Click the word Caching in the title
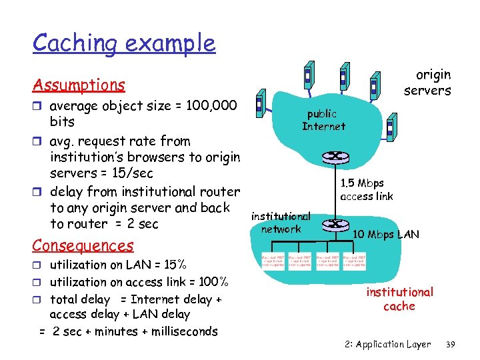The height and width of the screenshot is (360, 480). pos(75,44)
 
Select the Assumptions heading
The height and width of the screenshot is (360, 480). pos(79,85)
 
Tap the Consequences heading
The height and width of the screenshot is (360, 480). pos(83,245)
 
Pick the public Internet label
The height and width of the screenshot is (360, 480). pos(323,120)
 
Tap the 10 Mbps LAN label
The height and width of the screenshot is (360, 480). pos(386,234)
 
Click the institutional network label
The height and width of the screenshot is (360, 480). pos(281,223)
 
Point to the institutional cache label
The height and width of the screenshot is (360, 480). pos(399,299)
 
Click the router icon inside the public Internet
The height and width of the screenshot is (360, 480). pos(331,157)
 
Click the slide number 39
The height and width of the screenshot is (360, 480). pos(450,345)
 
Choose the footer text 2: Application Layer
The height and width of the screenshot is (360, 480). pos(387,345)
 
